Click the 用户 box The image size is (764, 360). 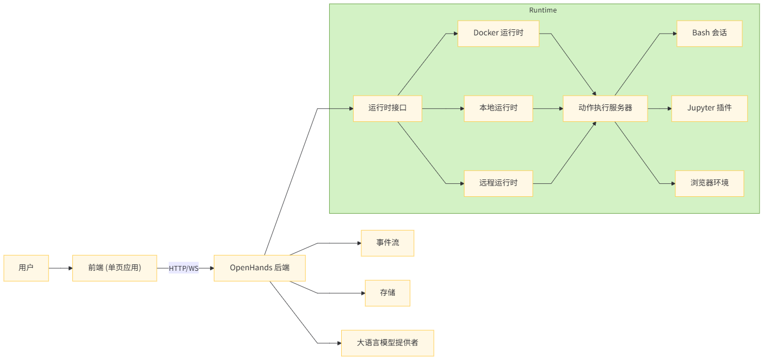point(26,268)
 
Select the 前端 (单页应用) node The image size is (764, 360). point(114,268)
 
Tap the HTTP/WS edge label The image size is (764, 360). point(183,268)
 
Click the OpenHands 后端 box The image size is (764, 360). point(259,268)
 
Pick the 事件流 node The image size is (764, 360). point(387,243)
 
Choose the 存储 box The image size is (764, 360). point(387,293)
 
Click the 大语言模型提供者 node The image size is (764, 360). point(387,343)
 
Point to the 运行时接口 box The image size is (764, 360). point(387,108)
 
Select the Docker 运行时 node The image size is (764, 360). point(498,33)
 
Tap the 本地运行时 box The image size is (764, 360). point(498,108)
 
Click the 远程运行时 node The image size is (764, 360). point(498,183)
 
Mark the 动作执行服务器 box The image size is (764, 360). point(605,108)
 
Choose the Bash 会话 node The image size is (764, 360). point(709,33)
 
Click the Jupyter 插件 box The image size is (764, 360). point(709,108)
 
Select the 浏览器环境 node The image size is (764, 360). point(709,183)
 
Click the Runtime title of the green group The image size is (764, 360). point(543,10)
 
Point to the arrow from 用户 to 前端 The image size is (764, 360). point(60,268)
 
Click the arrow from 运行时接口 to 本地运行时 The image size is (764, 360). point(442,108)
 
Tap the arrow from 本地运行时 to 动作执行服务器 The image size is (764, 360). point(547,108)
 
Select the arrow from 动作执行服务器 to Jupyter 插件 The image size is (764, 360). point(660,108)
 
